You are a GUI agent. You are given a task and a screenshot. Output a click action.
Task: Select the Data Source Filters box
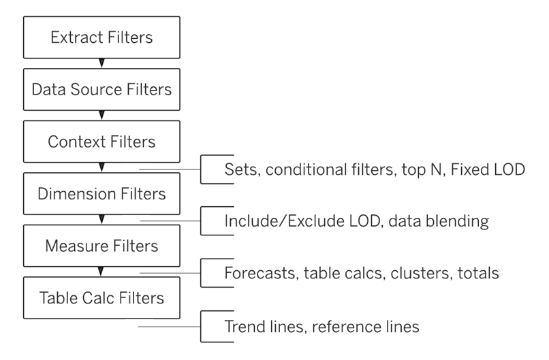tap(101, 88)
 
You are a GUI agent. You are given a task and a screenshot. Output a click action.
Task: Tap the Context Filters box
tap(101, 142)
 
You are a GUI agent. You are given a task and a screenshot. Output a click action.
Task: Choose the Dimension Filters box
tap(101, 194)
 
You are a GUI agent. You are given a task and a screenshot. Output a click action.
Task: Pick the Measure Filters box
tap(101, 246)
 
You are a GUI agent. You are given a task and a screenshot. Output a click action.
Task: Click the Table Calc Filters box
tap(101, 298)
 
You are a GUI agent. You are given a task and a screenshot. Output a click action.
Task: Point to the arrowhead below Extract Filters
tap(101, 63)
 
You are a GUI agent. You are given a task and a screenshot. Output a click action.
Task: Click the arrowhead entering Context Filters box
tap(101, 116)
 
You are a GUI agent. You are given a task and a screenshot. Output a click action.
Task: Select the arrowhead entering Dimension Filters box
tap(101, 168)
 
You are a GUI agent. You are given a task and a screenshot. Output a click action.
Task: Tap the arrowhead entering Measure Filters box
tap(101, 220)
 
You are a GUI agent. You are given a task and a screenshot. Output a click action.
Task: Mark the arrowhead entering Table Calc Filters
tap(101, 272)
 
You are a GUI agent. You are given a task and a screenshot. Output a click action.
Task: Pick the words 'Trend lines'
tap(261, 326)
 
